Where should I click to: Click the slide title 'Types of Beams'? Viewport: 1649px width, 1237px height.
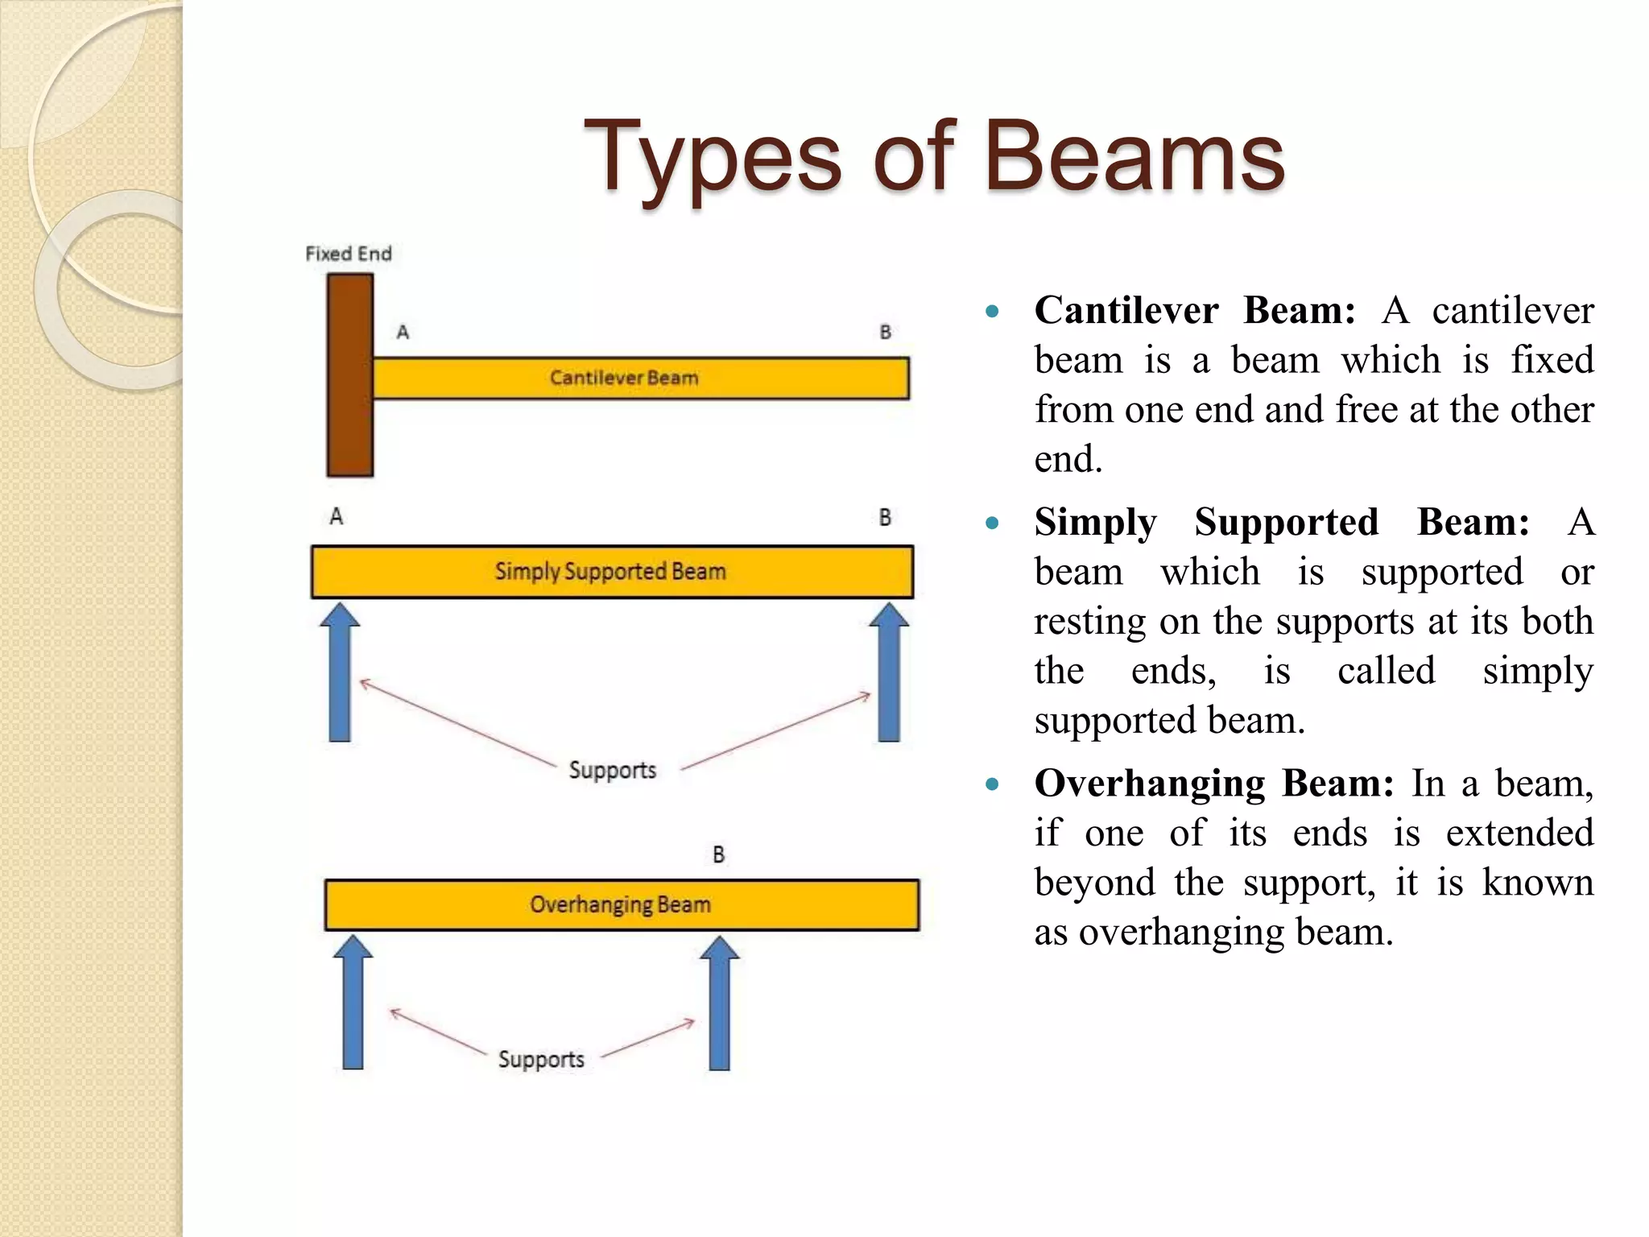coord(934,157)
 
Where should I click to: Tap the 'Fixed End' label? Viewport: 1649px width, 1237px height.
coord(349,254)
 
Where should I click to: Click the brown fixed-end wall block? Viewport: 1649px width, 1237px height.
coord(349,375)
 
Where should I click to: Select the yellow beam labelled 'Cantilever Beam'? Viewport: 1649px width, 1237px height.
coord(641,379)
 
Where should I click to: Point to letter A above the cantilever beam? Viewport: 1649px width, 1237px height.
coord(403,332)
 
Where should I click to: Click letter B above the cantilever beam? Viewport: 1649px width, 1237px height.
coord(885,332)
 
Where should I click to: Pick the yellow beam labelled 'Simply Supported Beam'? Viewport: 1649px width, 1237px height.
coord(612,572)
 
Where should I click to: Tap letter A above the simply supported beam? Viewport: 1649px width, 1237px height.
coord(337,516)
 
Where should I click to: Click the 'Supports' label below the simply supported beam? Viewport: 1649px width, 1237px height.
coord(613,770)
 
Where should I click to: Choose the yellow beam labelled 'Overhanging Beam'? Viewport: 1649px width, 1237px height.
coord(621,904)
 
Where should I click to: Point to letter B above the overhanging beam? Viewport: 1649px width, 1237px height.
coord(719,854)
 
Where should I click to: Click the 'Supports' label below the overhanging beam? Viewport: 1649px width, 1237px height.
coord(541,1059)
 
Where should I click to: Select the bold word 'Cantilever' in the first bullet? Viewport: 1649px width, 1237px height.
coord(1126,310)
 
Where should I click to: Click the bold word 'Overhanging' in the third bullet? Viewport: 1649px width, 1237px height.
coord(1149,783)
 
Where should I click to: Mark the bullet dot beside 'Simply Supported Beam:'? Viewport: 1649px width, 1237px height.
coord(992,523)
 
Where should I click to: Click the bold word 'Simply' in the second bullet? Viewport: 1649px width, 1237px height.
coord(1095,523)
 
